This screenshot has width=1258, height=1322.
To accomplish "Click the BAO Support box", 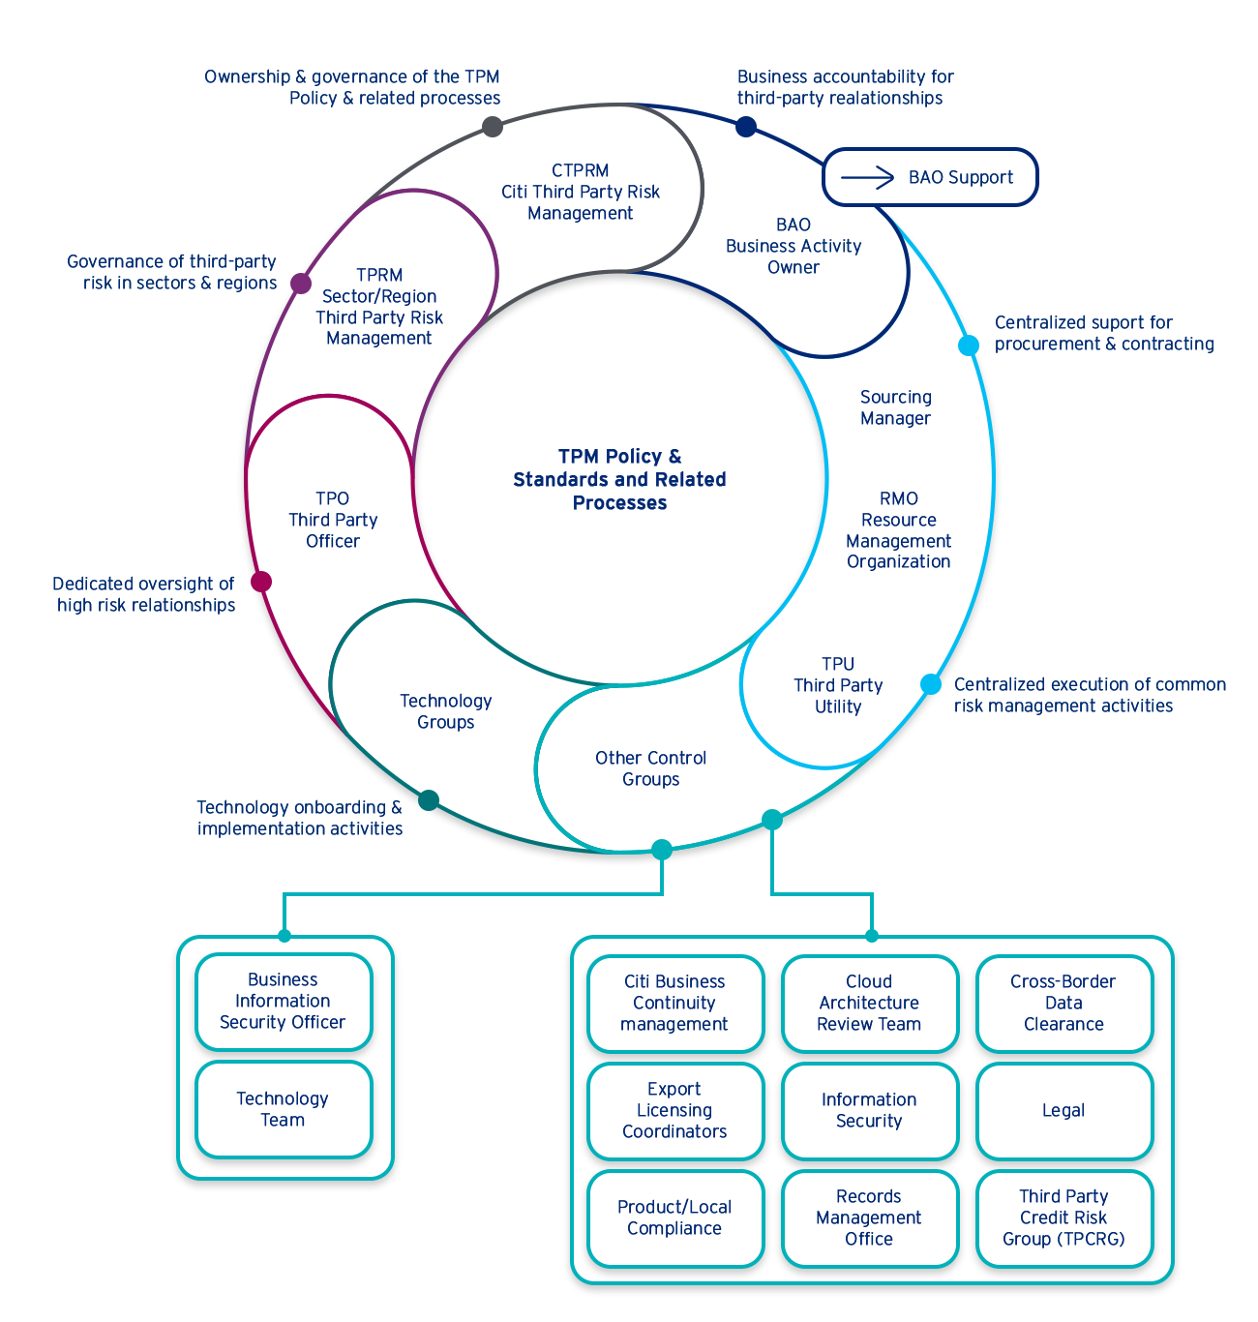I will pos(929,177).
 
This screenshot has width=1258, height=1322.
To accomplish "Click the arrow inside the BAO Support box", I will pos(868,177).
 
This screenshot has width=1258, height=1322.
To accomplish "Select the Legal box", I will pos(1063,1111).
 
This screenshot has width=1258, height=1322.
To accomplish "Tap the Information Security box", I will pos(869,1111).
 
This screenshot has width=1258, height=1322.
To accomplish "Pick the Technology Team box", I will pos(284,1109).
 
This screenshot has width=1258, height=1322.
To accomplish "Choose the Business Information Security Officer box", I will pos(284,1002).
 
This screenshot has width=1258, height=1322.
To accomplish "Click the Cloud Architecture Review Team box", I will pos(869,1004).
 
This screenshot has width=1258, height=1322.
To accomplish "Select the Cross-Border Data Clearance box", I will pos(1063,1004).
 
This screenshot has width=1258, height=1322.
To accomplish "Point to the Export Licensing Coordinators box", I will pos(674,1111).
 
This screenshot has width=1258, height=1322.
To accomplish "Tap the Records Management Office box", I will pos(869,1218).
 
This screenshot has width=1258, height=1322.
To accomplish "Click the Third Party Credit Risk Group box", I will pos(1063,1218).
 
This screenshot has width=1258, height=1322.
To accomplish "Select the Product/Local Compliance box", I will pos(674,1218).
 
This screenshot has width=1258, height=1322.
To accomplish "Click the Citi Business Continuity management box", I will pos(674,1004).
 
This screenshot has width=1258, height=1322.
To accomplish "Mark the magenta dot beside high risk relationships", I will pos(260,582).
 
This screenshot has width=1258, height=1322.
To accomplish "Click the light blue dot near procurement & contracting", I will pos(969,346).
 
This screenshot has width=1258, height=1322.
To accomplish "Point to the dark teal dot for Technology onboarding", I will pos(429,800).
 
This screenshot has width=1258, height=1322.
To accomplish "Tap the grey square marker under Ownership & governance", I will pos(493,126).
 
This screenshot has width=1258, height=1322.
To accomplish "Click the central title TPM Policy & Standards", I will pos(619,480).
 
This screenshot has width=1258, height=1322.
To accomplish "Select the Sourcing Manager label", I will pos(896,408).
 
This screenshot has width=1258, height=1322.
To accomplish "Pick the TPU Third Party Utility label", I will pos(838,685).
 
